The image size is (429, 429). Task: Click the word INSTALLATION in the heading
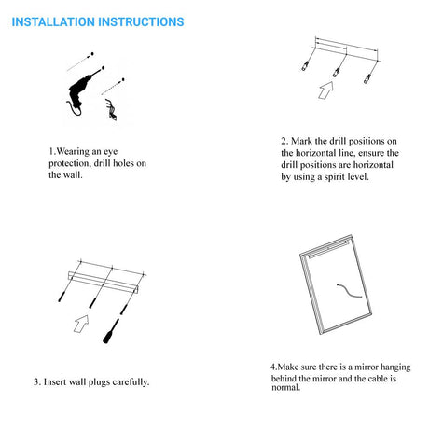tap(53, 22)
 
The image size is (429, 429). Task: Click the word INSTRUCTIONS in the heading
tap(141, 22)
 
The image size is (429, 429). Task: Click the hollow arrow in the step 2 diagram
tap(325, 90)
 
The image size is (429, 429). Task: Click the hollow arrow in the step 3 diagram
tap(81, 324)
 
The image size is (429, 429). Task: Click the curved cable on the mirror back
tap(349, 291)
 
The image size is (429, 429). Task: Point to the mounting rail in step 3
tap(104, 282)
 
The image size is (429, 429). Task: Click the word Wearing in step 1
tap(73, 152)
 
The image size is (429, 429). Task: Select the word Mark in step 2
tap(301, 141)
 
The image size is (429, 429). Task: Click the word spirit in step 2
tap(335, 177)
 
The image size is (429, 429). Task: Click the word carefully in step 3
tap(131, 382)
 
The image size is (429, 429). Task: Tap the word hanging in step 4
tap(395, 367)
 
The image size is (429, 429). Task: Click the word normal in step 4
tap(286, 387)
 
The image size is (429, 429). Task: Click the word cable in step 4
tap(378, 379)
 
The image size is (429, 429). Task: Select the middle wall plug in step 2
tap(336, 72)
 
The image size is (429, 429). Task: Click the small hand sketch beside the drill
tap(111, 109)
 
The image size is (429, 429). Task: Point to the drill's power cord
tap(74, 109)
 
